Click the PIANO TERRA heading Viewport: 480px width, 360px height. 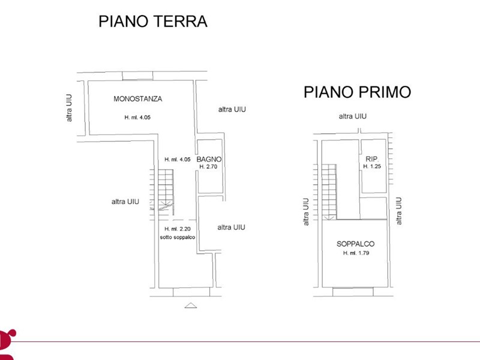(x=153, y=21)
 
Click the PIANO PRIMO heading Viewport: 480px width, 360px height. (x=357, y=92)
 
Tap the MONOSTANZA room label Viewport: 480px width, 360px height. (x=138, y=99)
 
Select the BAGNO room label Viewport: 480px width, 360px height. (x=209, y=159)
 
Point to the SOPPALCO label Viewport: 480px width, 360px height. (x=355, y=244)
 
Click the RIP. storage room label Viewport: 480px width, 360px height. (x=372, y=159)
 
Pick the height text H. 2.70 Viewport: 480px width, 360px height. (x=208, y=167)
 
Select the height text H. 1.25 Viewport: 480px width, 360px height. (x=372, y=166)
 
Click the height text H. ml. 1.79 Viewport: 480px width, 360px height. (x=356, y=253)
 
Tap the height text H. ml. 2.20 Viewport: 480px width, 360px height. (x=178, y=229)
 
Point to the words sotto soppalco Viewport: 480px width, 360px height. (x=178, y=237)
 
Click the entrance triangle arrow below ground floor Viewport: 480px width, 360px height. (x=191, y=305)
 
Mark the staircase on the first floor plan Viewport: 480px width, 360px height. (x=325, y=192)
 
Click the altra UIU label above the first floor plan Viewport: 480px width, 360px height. (x=353, y=116)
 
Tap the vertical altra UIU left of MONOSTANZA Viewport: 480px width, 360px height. (x=69, y=108)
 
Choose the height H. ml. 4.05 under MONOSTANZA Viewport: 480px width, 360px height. (x=137, y=117)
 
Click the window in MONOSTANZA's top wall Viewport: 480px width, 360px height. (x=137, y=76)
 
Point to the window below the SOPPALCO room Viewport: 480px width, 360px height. (x=353, y=292)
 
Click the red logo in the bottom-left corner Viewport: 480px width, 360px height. (x=7, y=344)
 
